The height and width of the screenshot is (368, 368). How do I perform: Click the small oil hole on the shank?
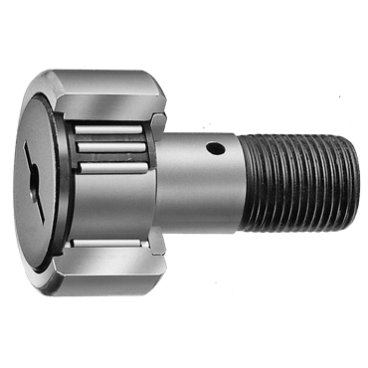pyautogui.click(x=213, y=152)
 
